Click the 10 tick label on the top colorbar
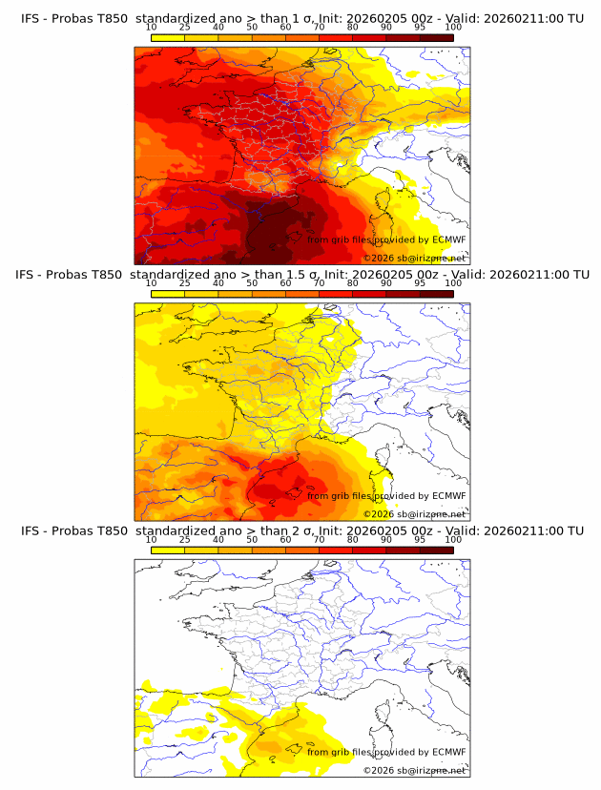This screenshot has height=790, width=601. click(152, 27)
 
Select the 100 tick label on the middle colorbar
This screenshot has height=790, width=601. click(453, 283)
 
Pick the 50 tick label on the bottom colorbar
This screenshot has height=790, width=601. click(252, 539)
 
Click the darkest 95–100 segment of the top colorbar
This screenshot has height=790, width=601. click(436, 37)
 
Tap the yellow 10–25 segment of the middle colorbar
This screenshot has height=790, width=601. click(168, 294)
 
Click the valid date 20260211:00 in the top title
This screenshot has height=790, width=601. click(524, 18)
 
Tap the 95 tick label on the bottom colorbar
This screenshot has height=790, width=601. click(420, 539)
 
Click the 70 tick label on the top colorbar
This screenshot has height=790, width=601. click(319, 27)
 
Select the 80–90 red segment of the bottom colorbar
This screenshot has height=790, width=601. click(369, 550)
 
